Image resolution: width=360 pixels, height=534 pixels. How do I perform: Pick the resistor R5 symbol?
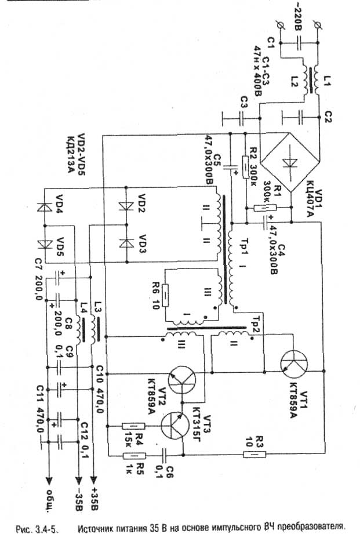tap(134, 456)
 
